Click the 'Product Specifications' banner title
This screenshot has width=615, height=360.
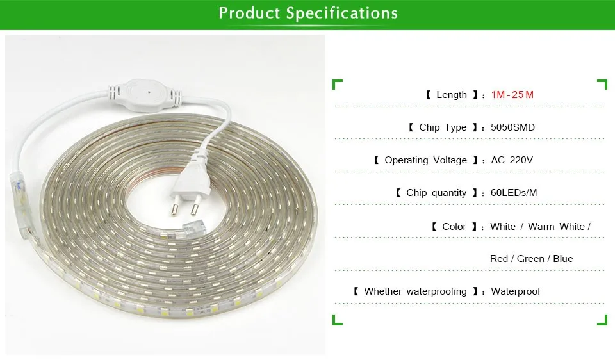[308, 13]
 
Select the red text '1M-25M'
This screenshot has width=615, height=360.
[512, 95]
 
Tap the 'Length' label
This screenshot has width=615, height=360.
[452, 95]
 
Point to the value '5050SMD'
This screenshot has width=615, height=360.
[512, 127]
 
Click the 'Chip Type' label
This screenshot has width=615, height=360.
[443, 127]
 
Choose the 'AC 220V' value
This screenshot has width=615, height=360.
[512, 160]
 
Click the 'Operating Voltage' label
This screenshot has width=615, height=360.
[425, 160]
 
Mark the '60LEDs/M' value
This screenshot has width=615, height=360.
[514, 193]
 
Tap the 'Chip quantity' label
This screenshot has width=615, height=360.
[436, 193]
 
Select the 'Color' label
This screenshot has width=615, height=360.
[454, 227]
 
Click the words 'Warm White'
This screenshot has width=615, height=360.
[557, 227]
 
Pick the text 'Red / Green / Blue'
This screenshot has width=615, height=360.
[532, 259]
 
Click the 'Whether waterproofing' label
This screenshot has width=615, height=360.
[415, 291]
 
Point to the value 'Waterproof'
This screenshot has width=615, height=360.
[515, 291]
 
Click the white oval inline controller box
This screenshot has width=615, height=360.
[144, 95]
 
